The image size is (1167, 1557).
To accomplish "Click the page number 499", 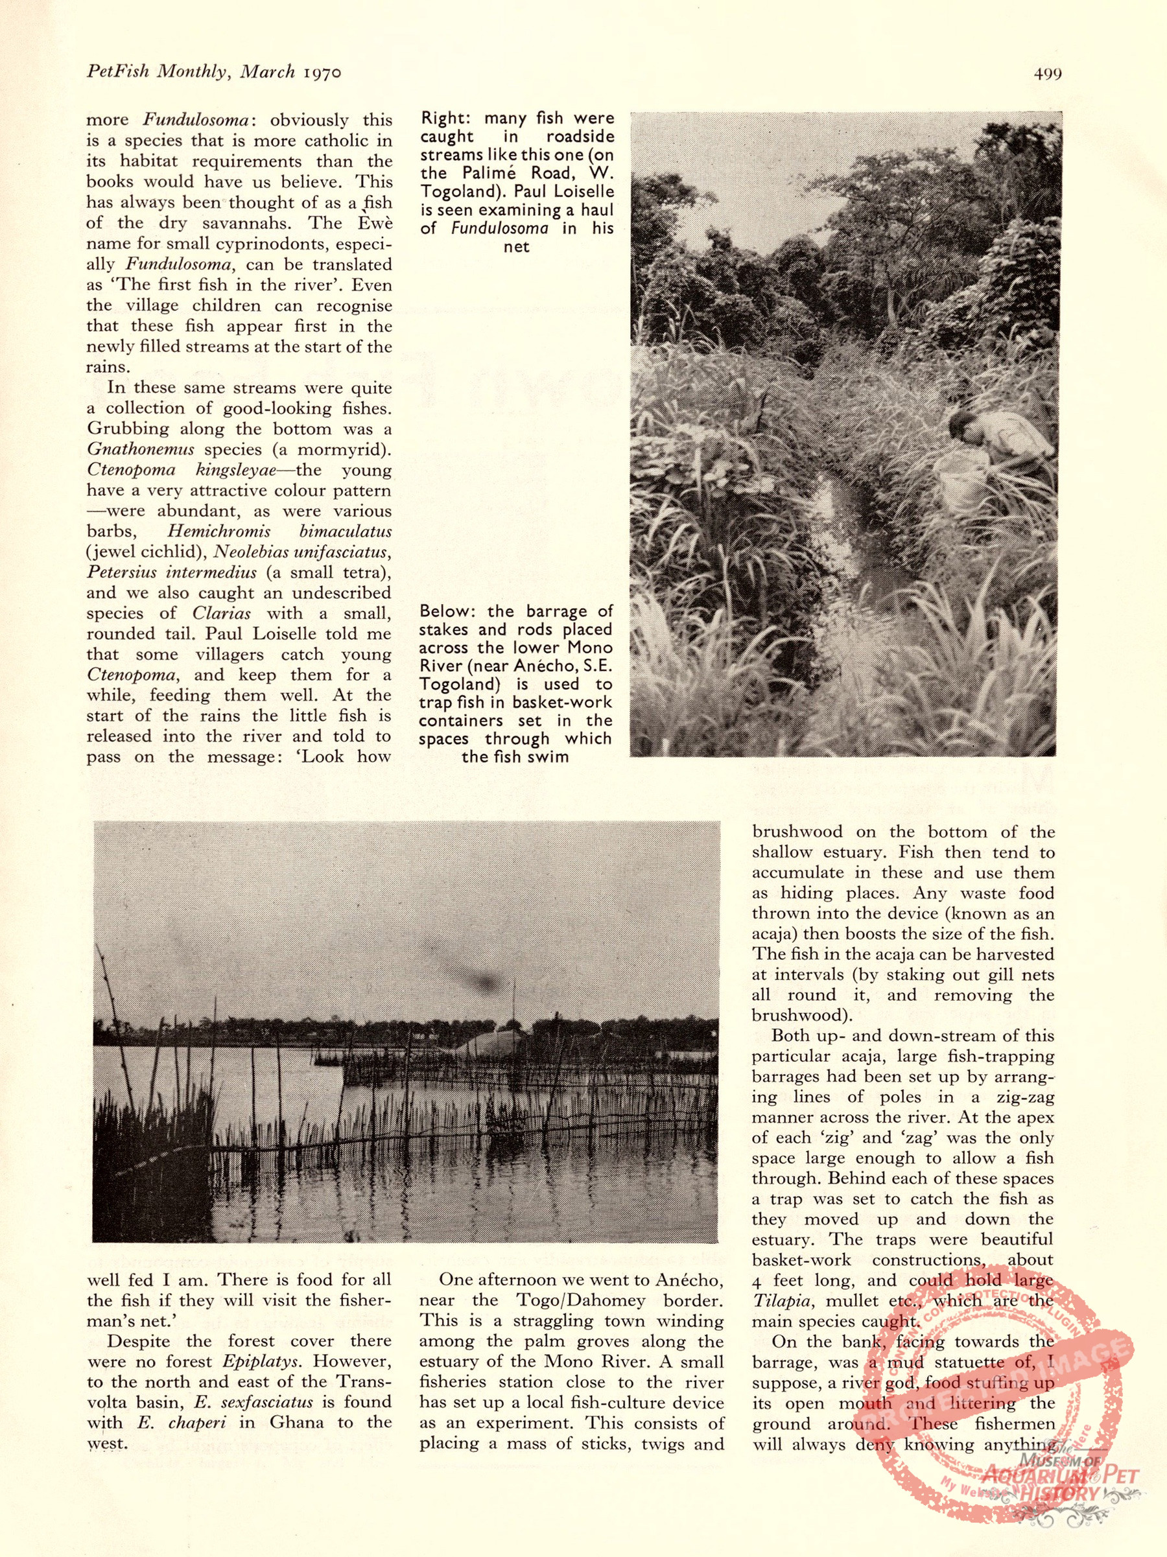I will point(1047,73).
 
